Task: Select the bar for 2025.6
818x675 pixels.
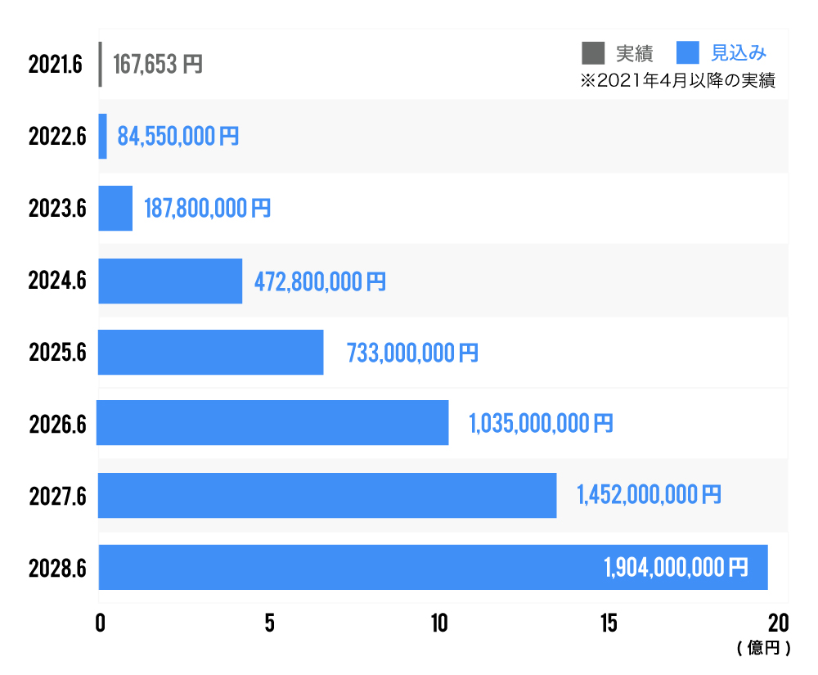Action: (211, 353)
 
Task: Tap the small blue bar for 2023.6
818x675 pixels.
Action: (115, 208)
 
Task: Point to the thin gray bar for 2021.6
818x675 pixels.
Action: (100, 64)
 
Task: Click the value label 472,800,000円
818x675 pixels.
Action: (320, 282)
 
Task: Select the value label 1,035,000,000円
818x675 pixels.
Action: (540, 424)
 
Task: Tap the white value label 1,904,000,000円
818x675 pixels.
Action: (676, 567)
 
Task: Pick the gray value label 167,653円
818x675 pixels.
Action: (157, 64)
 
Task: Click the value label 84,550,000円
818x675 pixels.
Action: (178, 136)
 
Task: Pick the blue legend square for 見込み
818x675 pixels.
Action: (688, 53)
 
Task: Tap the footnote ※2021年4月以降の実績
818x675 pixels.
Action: (676, 81)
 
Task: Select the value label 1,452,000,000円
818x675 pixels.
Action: (649, 495)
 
